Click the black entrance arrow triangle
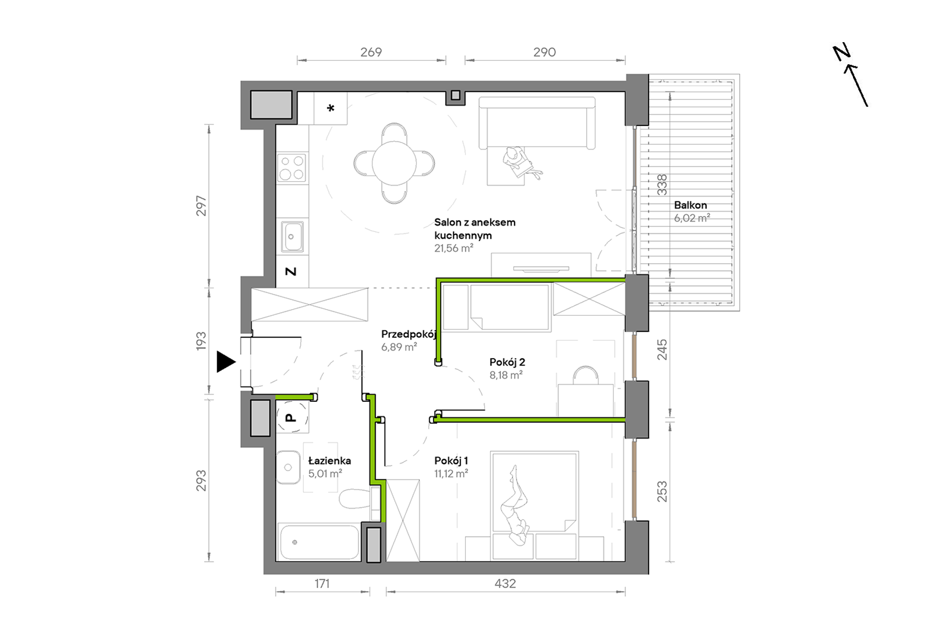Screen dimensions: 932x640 (x=226, y=362)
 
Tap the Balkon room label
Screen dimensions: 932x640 (x=690, y=205)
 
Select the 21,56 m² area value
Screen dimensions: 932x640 (x=454, y=248)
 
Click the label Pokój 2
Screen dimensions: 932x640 (x=507, y=363)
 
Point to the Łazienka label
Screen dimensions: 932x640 (x=330, y=461)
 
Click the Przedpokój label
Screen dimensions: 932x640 (x=409, y=335)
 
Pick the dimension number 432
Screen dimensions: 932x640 (x=505, y=584)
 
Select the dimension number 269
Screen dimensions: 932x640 (x=371, y=52)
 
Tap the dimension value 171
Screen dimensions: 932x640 (x=322, y=584)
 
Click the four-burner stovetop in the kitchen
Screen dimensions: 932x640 (x=292, y=168)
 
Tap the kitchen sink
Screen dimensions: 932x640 (x=292, y=237)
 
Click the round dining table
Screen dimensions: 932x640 (x=394, y=163)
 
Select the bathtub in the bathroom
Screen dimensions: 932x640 (x=319, y=542)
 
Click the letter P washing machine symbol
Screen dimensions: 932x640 (x=291, y=418)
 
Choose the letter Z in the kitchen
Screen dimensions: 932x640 (x=291, y=271)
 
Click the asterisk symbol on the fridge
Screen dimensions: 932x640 (x=331, y=108)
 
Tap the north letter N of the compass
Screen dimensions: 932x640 (x=842, y=52)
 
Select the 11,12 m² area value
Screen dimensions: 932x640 (x=451, y=474)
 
